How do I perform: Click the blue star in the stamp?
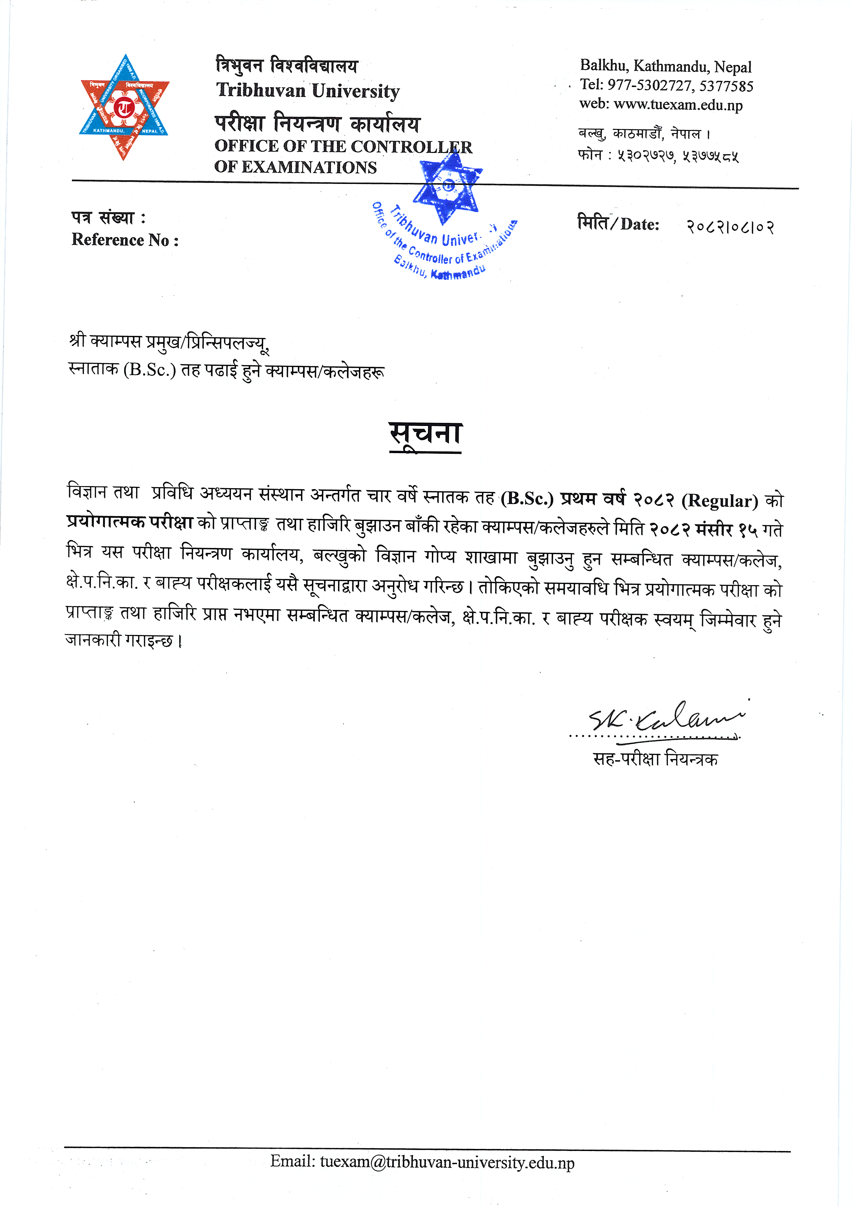tap(448, 187)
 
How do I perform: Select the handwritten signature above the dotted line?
tap(667, 717)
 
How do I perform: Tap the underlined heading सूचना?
tap(425, 435)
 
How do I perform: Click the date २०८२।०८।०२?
tap(730, 227)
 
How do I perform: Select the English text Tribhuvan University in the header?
tap(307, 91)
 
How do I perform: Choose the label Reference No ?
tap(125, 240)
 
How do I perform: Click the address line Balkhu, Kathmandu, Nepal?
tap(666, 66)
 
